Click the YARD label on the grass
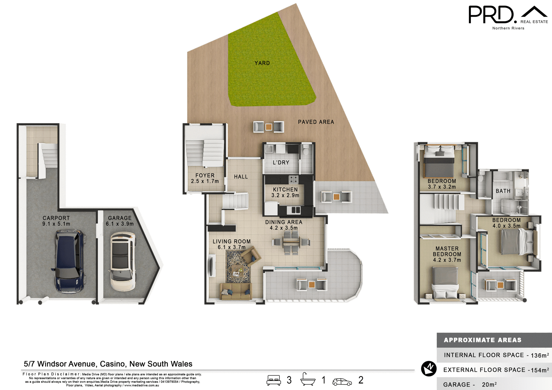(x=262, y=63)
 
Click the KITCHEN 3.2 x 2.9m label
(x=285, y=192)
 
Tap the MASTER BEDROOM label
(x=447, y=254)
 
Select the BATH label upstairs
(x=503, y=191)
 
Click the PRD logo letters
(x=491, y=15)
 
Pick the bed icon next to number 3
(x=273, y=380)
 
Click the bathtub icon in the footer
(x=307, y=379)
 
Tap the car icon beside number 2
(x=342, y=382)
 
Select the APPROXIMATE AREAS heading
(x=482, y=340)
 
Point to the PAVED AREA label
(x=316, y=122)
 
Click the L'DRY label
(x=281, y=163)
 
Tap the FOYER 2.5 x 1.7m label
(x=205, y=178)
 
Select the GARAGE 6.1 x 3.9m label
(x=120, y=221)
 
